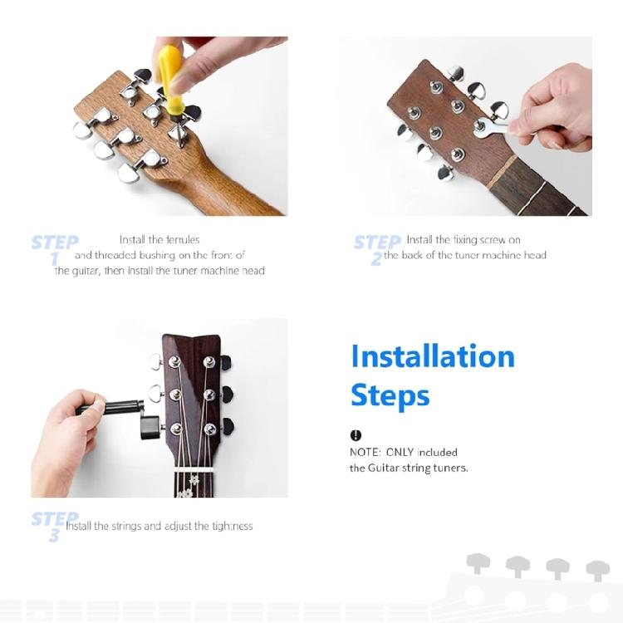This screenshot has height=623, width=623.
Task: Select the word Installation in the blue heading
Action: click(433, 356)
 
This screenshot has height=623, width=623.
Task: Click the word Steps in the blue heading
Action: click(390, 395)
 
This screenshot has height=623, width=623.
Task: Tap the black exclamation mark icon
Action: click(356, 435)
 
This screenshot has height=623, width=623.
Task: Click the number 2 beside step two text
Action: click(375, 258)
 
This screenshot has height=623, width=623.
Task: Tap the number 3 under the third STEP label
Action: click(54, 536)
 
